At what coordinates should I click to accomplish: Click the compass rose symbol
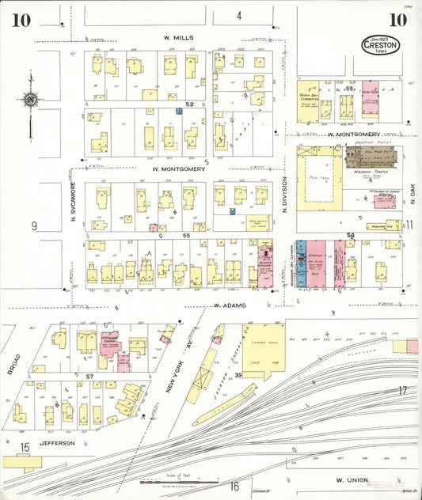click(30, 100)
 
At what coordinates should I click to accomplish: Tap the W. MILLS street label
click(178, 37)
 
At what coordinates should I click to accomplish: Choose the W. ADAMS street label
click(229, 305)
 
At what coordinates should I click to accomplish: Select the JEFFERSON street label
click(58, 443)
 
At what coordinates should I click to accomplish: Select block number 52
click(189, 104)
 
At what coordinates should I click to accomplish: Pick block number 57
click(89, 375)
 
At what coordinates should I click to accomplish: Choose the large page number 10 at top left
click(21, 20)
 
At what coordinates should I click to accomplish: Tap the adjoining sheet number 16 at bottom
click(234, 487)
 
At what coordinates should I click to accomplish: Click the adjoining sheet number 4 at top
click(238, 15)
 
